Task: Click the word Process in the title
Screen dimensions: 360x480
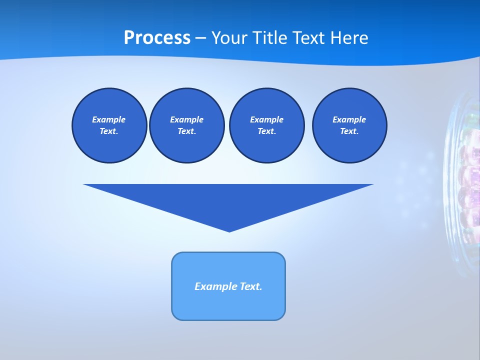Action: (x=157, y=38)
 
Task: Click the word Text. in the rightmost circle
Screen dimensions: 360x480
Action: (x=349, y=131)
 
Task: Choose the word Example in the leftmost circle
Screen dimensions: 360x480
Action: (x=109, y=119)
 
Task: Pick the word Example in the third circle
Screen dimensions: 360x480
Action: (x=266, y=119)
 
